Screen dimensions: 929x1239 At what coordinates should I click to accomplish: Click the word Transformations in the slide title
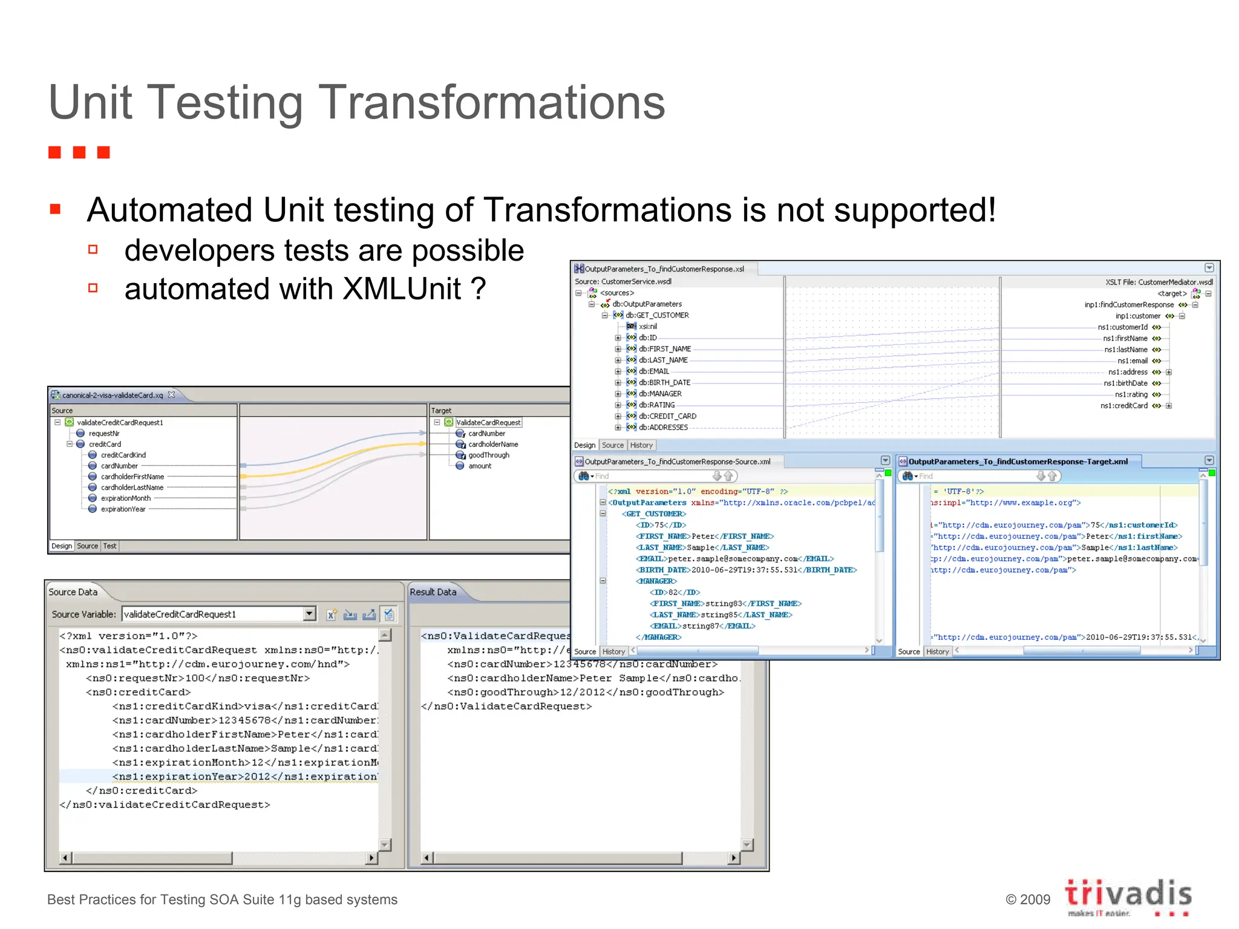tap(491, 103)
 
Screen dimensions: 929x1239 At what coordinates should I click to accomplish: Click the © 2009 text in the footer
tap(1028, 899)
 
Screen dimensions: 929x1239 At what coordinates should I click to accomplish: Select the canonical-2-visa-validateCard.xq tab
tap(113, 395)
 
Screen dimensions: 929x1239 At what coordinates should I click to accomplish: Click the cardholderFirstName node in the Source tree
tap(132, 477)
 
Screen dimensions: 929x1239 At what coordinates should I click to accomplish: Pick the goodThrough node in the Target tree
tap(488, 455)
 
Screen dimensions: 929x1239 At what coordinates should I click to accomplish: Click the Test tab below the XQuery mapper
tap(110, 546)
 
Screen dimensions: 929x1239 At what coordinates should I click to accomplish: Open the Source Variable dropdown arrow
tap(309, 614)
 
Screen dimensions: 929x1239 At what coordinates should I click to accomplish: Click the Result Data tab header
tap(433, 592)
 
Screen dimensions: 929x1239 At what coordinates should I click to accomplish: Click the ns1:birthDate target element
tap(1125, 383)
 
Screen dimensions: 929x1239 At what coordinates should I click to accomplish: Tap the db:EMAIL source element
tap(653, 371)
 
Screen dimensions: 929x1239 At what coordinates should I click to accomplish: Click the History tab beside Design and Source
tap(641, 445)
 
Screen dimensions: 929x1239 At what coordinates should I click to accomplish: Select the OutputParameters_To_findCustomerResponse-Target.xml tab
tap(1018, 461)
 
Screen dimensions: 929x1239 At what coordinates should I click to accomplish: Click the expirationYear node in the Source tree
tap(123, 509)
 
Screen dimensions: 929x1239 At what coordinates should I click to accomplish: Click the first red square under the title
tap(55, 152)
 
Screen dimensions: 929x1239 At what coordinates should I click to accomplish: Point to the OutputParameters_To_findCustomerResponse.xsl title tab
tap(664, 269)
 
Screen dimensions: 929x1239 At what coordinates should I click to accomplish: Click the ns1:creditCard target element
tap(1123, 406)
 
